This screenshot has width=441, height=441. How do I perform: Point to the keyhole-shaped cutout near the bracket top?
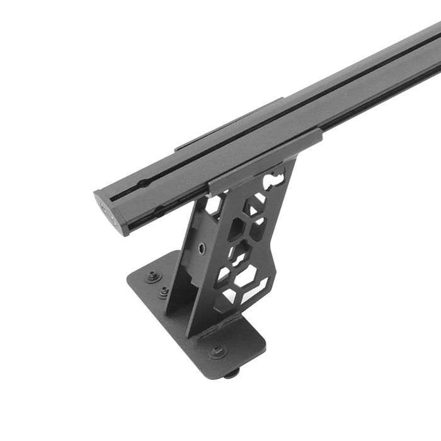275,177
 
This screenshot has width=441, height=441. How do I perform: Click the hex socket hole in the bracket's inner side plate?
201,248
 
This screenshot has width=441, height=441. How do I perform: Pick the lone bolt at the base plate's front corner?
217,351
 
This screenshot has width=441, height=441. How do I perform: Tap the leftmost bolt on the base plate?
152,275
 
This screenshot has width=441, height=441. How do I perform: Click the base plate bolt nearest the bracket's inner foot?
164,292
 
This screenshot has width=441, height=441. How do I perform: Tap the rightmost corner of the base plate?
265,343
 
